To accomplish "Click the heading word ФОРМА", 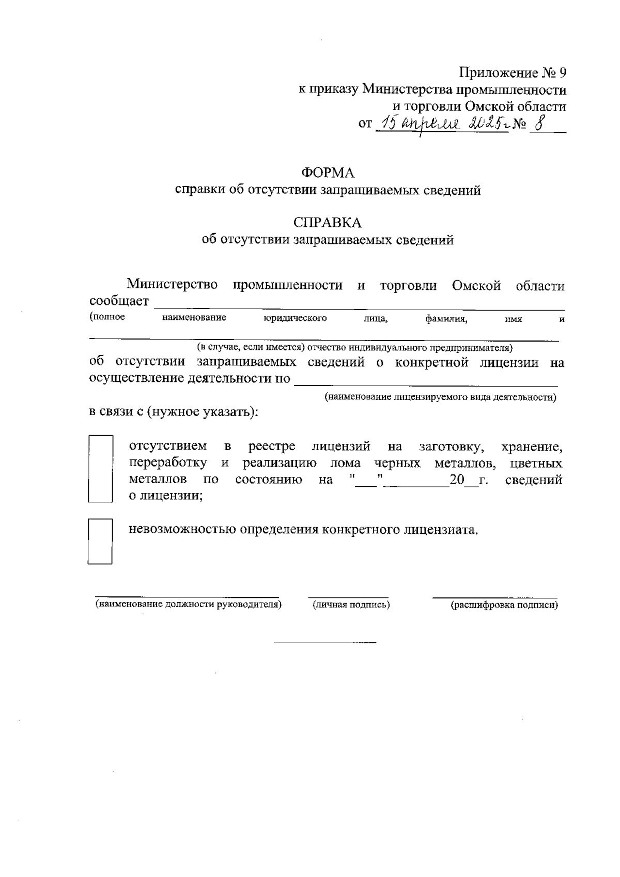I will click(x=328, y=173).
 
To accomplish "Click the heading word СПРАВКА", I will click(x=328, y=223).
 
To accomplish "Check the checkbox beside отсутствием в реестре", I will click(x=100, y=468).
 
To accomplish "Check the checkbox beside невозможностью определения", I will click(x=100, y=541).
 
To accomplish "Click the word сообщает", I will click(x=119, y=301).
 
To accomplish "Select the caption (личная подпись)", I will click(x=351, y=605).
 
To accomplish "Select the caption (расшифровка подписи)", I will click(x=504, y=605).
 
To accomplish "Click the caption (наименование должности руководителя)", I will click(x=188, y=604).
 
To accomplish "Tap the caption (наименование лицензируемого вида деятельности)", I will click(x=441, y=397).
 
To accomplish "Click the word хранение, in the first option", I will click(x=532, y=447).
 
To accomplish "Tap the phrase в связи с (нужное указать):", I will click(x=174, y=412).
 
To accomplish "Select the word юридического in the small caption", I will click(x=295, y=318).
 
